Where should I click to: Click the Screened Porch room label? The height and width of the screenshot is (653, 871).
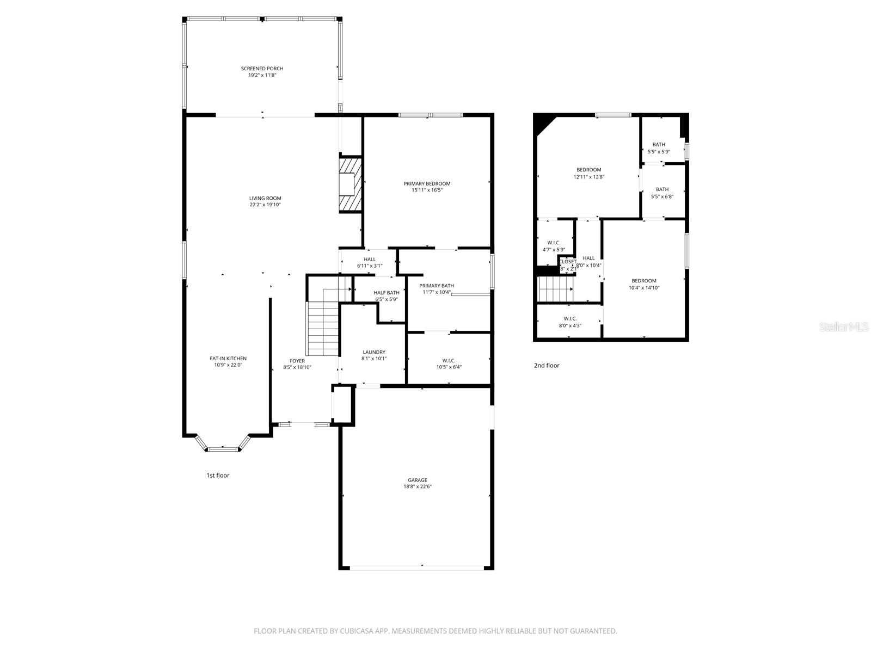[x=262, y=69]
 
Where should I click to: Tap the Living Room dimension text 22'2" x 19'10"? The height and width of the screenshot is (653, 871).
[x=265, y=205]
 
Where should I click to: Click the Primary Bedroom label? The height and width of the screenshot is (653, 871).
[x=427, y=184]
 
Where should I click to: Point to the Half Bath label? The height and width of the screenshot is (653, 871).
[x=386, y=293]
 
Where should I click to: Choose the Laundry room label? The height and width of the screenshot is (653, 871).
[x=373, y=352]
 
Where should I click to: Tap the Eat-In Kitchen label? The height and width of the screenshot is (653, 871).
[x=228, y=359]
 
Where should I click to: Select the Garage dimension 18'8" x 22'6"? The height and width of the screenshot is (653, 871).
[x=418, y=487]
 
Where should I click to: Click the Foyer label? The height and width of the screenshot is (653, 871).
[x=297, y=361]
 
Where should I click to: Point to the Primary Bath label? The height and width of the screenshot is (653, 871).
[x=437, y=286]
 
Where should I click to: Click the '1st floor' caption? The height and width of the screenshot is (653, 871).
[x=218, y=476]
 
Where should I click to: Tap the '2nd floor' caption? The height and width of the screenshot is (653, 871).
[x=547, y=366]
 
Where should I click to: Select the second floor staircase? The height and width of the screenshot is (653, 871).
[x=555, y=288]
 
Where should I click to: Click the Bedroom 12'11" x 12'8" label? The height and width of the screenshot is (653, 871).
[x=589, y=170]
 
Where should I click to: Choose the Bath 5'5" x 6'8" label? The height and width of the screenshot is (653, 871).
[x=662, y=189]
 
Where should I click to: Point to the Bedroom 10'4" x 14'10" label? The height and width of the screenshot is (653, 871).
[x=644, y=281]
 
